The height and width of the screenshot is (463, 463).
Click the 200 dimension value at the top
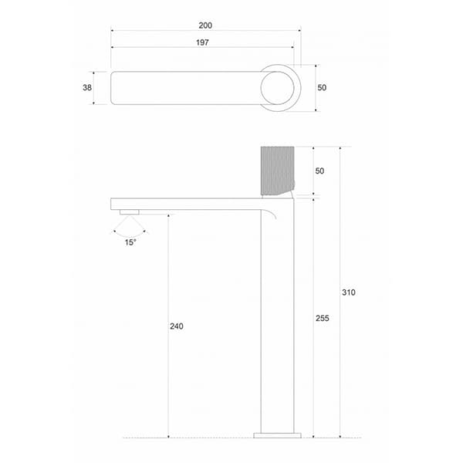(205, 25)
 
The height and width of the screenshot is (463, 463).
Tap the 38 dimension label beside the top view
(87, 88)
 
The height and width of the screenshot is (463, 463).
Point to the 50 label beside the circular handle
(322, 88)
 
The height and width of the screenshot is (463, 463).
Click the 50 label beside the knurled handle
(319, 171)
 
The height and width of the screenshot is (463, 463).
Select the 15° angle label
(130, 242)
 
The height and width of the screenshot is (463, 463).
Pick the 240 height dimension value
(177, 326)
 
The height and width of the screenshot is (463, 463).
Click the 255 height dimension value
(323, 318)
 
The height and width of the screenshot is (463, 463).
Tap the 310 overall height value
(349, 292)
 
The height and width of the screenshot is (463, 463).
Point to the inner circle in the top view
(276, 88)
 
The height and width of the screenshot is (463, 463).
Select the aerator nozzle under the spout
(129, 211)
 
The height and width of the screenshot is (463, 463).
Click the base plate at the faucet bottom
(277, 435)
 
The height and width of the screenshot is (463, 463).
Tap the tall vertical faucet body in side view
(277, 324)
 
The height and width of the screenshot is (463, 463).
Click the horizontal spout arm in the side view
(185, 204)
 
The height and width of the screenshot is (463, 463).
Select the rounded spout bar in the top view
(185, 88)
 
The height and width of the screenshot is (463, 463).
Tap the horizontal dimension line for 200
(154, 31)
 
